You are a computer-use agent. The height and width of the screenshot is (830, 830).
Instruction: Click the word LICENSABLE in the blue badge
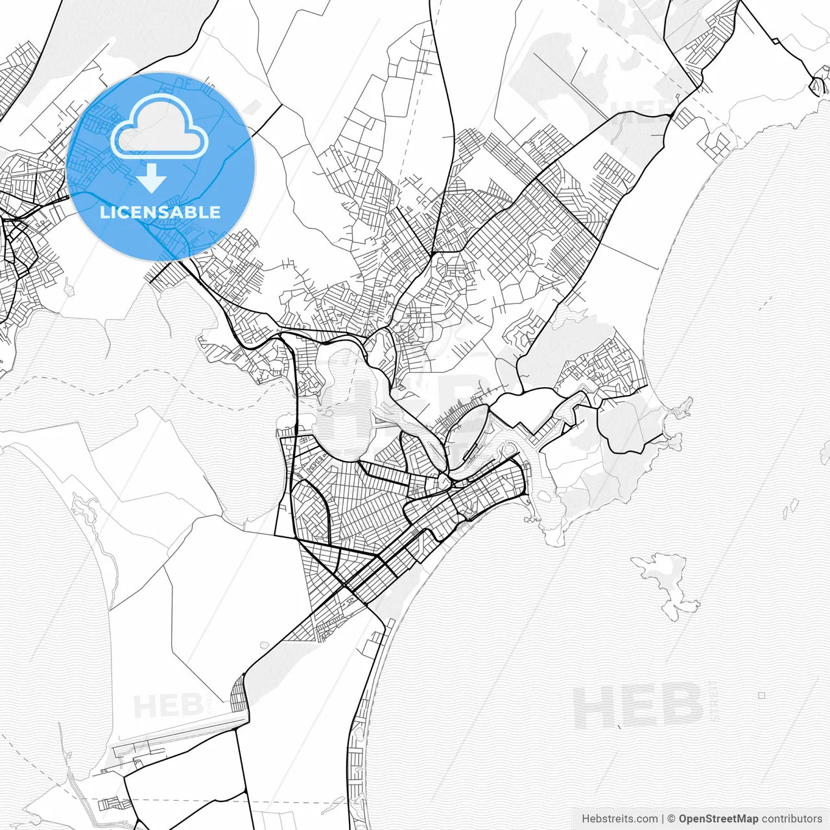[160, 212]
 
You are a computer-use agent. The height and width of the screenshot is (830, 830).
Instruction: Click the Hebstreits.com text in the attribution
[619, 818]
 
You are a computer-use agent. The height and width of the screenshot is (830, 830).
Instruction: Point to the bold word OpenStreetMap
[718, 818]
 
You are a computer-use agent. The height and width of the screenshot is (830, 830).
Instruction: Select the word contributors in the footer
[791, 818]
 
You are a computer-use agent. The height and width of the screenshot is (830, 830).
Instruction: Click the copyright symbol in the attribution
[671, 818]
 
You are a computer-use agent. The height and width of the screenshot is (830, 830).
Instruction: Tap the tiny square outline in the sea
[761, 695]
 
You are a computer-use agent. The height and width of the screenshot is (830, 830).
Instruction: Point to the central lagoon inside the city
[347, 402]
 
